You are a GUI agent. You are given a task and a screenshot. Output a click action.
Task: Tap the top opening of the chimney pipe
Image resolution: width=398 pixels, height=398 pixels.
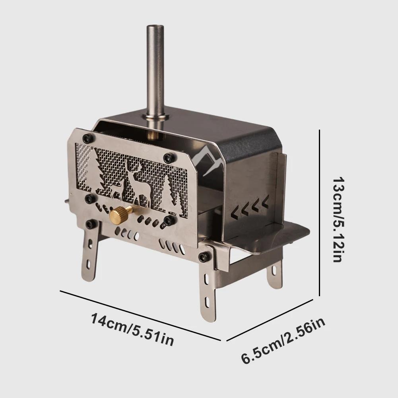[155, 27]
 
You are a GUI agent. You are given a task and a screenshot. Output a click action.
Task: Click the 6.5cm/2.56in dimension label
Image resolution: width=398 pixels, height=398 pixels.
[284, 340]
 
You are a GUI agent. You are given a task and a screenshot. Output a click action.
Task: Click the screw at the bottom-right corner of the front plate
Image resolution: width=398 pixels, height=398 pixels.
[205, 256]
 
